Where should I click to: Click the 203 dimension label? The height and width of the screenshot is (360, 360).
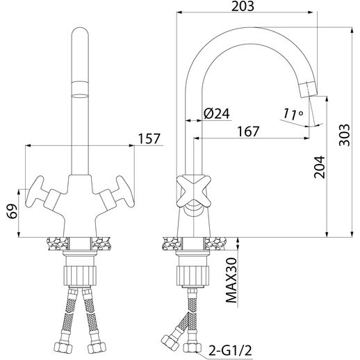coord(243,6)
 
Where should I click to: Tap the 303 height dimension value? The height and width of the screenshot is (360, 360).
coord(345,135)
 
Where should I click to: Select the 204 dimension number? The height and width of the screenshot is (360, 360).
coord(320,167)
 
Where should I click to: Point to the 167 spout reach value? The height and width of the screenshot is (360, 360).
coord(248,131)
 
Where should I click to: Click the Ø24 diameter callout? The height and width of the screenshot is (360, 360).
coord(217,113)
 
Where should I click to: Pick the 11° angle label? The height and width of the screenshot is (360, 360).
coord(293,114)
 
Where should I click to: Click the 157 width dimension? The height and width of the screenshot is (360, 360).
coord(149,139)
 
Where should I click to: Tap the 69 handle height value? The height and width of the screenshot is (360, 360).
coord(12,211)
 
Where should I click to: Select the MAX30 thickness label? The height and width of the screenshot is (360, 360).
coord(231,280)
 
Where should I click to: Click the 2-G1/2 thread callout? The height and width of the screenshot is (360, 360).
coord(230,350)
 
